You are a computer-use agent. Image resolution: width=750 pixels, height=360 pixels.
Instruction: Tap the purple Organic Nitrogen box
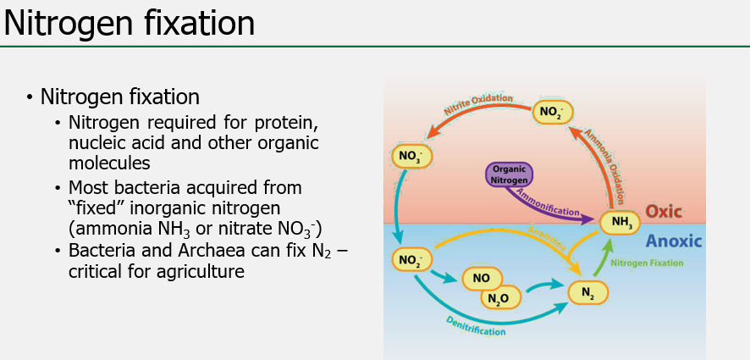tap(509, 174)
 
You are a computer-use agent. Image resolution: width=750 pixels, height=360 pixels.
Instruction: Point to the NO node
tap(482, 278)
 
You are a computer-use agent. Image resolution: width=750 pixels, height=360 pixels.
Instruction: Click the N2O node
tap(500, 297)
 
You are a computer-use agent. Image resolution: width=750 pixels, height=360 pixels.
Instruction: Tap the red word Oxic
tap(664, 211)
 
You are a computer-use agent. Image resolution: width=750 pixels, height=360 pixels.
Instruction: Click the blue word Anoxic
tap(674, 241)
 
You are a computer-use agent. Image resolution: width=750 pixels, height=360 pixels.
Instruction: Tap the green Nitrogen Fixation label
tap(646, 263)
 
